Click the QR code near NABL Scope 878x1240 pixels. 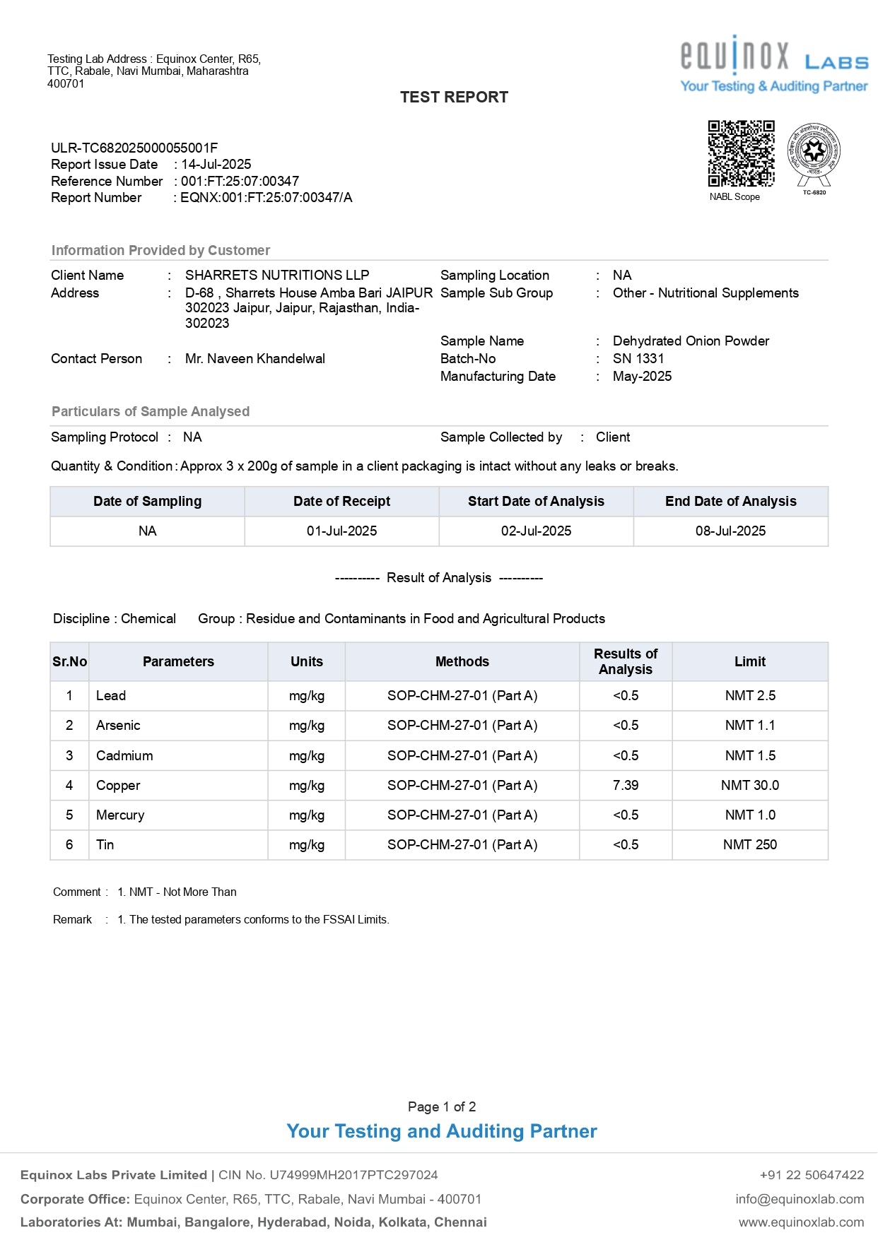741,153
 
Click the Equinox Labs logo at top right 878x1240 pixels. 773,64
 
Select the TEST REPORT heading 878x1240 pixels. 454,98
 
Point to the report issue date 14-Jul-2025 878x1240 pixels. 216,165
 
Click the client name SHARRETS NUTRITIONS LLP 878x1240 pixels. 277,276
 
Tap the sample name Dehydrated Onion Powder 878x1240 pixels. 691,341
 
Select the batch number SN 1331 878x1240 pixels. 638,359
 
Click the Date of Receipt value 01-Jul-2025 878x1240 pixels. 341,531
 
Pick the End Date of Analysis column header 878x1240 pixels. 730,502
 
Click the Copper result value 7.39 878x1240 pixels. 626,786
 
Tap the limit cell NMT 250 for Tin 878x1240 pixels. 749,845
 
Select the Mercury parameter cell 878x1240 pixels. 120,815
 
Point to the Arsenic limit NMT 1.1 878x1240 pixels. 749,726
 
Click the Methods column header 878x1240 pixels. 462,662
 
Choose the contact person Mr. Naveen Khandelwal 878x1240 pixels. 255,359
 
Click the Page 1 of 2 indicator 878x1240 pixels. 442,1107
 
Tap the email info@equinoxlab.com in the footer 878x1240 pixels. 800,1199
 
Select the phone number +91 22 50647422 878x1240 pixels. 812,1175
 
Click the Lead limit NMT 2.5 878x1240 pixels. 749,696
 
